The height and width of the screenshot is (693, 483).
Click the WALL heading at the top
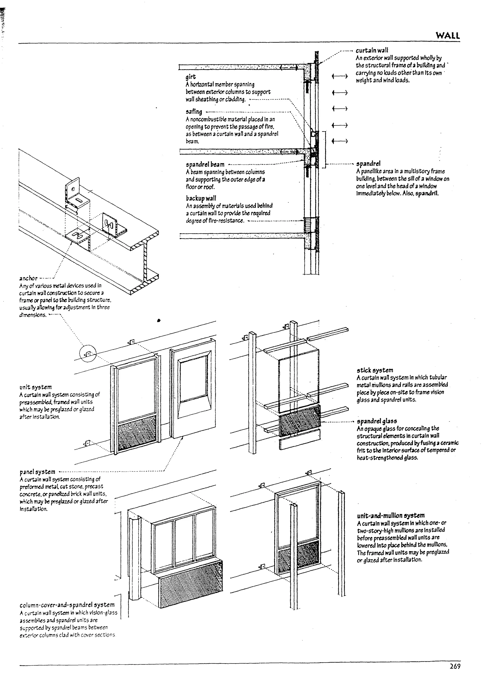coord(448,36)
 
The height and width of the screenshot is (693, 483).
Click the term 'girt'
coord(191,77)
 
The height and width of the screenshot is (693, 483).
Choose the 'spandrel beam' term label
coord(205,164)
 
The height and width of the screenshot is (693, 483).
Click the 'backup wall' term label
coord(201,198)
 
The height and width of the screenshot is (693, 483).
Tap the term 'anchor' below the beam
coord(28,278)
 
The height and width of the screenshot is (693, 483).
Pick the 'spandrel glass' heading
coord(377,421)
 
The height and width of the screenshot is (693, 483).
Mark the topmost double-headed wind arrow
coord(340,77)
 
